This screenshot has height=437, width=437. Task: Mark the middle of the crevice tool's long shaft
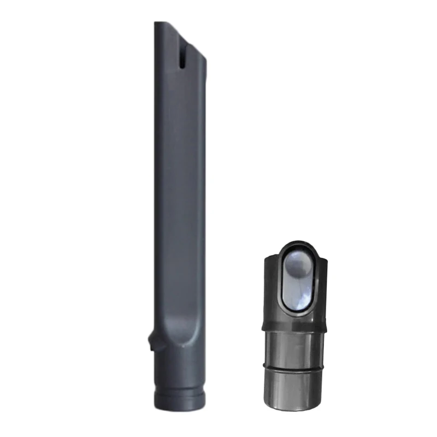click(180, 191)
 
